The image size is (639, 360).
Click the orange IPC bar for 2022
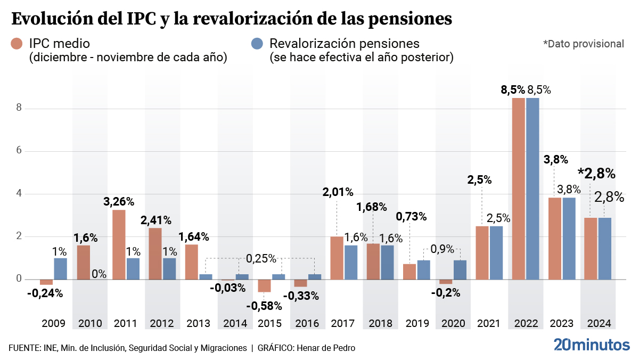pos(519,189)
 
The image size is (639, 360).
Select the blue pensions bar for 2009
pos(61,269)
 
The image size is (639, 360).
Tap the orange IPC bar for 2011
pos(119,244)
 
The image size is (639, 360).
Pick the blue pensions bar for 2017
pos(351,262)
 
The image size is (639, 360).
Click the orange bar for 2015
pos(264,285)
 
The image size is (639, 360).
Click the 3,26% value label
pos(118,202)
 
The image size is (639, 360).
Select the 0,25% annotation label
pos(261,259)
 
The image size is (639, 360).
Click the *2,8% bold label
pos(596,174)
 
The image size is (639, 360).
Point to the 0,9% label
pos(441,249)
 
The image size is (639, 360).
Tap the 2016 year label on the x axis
pos(307,323)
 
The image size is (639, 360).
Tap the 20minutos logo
pos(591,345)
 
